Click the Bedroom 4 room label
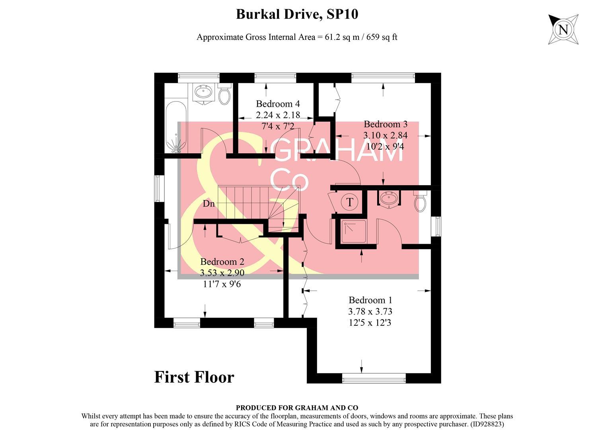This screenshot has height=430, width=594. coord(278,104)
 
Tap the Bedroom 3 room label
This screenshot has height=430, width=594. coord(385,124)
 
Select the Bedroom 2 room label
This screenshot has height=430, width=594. coord(222,262)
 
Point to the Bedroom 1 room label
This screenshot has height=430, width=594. coord(370,300)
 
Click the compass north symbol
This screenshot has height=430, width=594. coord(563,29)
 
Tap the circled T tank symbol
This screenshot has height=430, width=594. coord(350,202)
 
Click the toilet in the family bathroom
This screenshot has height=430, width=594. coord(224,94)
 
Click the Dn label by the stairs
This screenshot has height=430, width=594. coord(208,204)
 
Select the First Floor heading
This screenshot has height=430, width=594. coord(194,377)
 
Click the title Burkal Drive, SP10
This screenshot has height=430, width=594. coord(297,14)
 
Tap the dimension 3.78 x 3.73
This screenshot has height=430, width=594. coord(370,311)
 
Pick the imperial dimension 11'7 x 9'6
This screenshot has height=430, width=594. coord(222,284)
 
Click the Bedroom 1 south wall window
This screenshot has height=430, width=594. coord(374,378)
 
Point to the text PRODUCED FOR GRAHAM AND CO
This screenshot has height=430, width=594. coord(297,408)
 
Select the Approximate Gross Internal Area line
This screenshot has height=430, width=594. coord(297,37)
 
